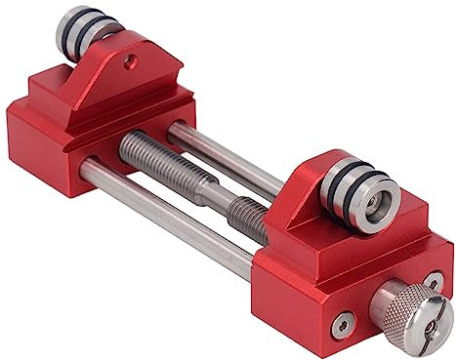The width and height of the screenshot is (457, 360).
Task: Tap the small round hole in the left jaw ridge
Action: tap(131, 60)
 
